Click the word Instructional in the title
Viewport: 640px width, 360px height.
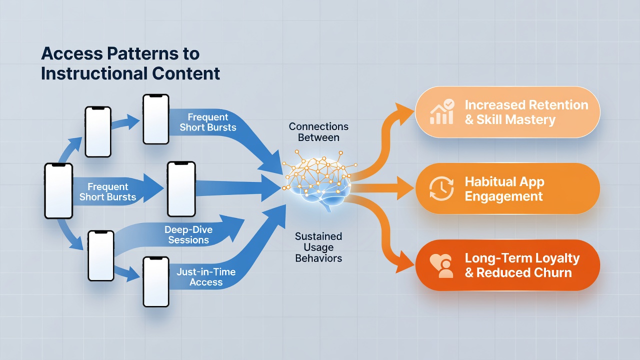(94, 73)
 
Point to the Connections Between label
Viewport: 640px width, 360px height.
(318, 132)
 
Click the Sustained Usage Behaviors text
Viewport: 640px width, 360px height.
(318, 247)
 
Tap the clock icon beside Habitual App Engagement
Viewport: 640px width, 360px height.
(441, 188)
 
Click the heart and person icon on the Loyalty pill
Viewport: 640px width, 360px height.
(441, 265)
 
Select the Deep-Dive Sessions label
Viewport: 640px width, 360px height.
(188, 234)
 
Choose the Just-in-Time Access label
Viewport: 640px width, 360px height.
(206, 277)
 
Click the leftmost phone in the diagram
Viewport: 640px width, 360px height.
(58, 191)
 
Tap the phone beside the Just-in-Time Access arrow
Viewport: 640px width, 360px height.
(156, 281)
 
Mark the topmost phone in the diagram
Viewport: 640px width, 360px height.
(156, 119)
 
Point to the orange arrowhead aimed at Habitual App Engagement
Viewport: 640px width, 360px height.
(405, 188)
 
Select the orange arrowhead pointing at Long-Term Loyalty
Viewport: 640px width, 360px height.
(404, 263)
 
